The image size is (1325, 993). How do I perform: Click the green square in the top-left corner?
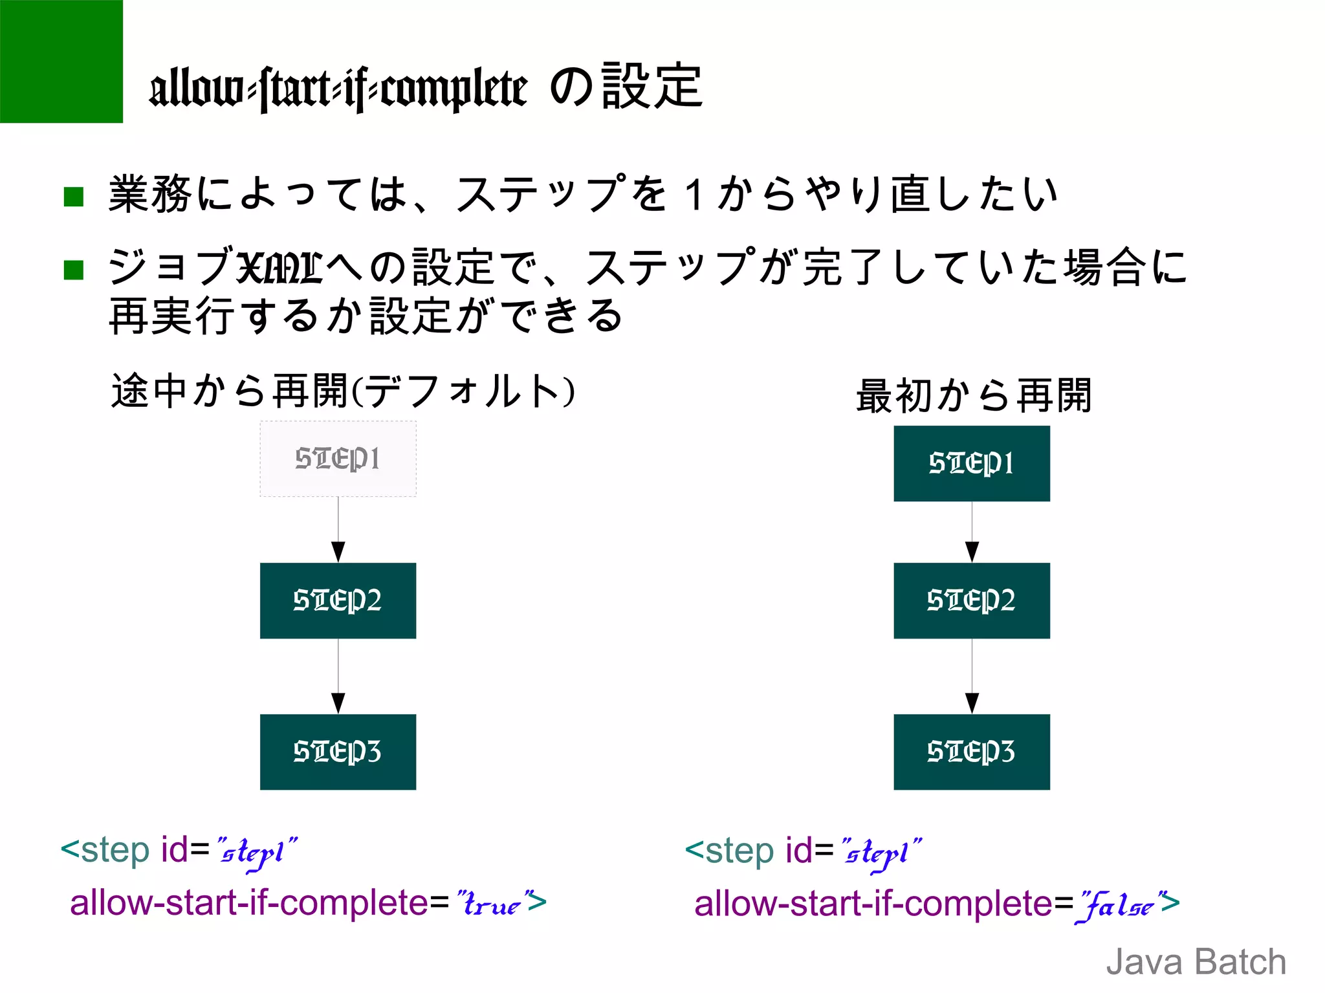point(61,61)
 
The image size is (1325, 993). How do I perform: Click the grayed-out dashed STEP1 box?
point(338,459)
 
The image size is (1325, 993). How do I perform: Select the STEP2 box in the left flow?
point(338,600)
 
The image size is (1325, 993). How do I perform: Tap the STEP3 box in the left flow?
point(338,752)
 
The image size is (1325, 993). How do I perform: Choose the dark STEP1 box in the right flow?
point(971,463)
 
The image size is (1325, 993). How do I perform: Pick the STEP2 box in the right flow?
point(971,600)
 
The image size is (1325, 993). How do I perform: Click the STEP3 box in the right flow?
point(971,752)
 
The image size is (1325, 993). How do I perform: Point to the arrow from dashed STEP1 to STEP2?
point(338,530)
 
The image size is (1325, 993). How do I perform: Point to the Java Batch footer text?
point(1196,961)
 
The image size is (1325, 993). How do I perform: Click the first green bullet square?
point(74,197)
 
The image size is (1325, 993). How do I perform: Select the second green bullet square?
point(74,270)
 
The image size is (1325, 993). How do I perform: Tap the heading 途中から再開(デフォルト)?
point(343,391)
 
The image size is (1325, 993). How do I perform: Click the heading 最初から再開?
point(974,395)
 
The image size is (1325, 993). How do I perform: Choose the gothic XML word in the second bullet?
point(279,267)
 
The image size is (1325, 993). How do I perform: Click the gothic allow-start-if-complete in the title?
point(338,89)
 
